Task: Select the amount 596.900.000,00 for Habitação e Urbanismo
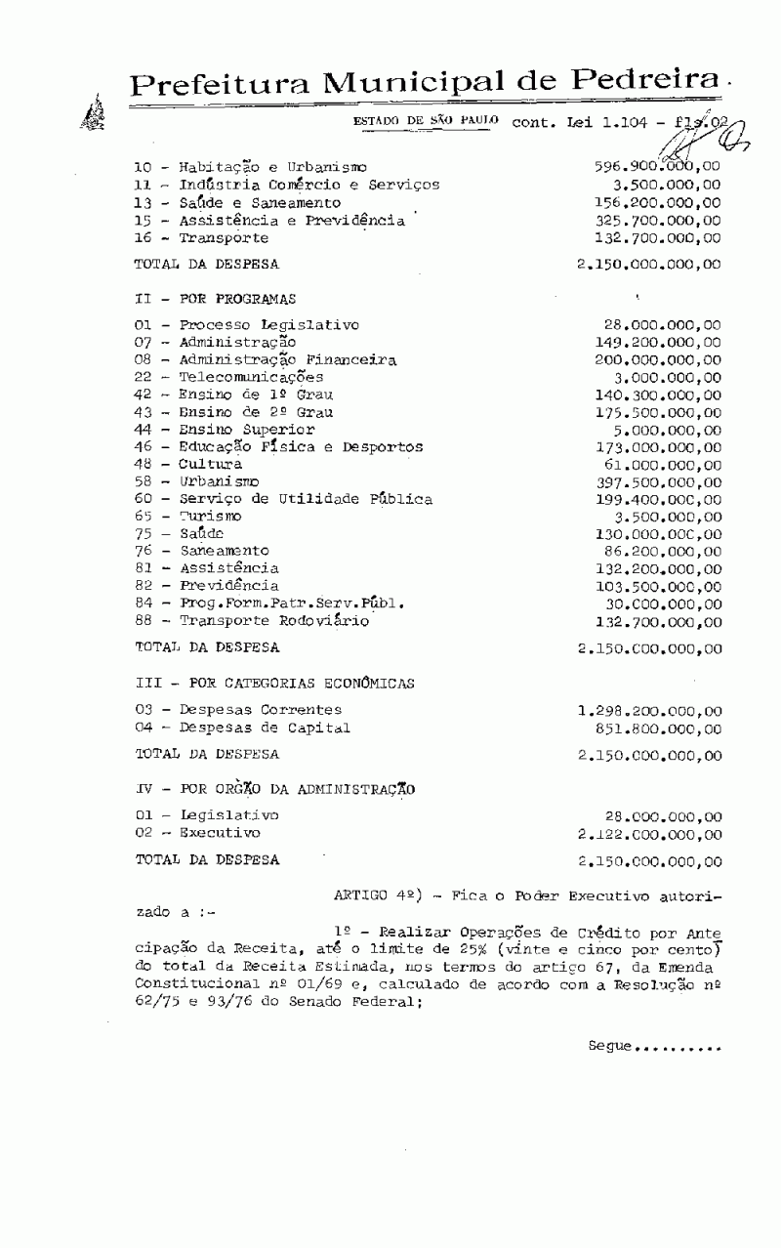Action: pyautogui.click(x=658, y=167)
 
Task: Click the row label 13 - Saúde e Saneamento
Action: pyautogui.click(x=237, y=203)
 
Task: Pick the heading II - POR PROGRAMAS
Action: pyautogui.click(x=215, y=299)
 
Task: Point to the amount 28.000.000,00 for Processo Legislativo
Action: pyautogui.click(x=663, y=325)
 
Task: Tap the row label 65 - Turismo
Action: pyautogui.click(x=188, y=516)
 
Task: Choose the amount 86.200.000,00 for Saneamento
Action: pyautogui.click(x=663, y=552)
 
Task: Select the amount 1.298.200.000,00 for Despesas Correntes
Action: pyautogui.click(x=649, y=711)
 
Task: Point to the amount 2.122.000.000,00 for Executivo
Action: pyautogui.click(x=649, y=834)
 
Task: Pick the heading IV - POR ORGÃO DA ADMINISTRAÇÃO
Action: pyautogui.click(x=275, y=789)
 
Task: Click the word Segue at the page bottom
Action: pyautogui.click(x=610, y=1046)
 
